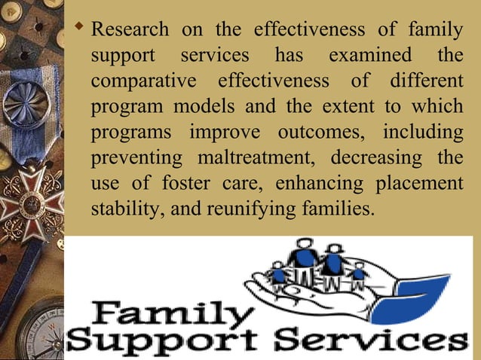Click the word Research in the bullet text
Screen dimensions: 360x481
(x=130, y=31)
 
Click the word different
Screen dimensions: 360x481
(x=426, y=81)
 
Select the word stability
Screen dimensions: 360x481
(x=121, y=209)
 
